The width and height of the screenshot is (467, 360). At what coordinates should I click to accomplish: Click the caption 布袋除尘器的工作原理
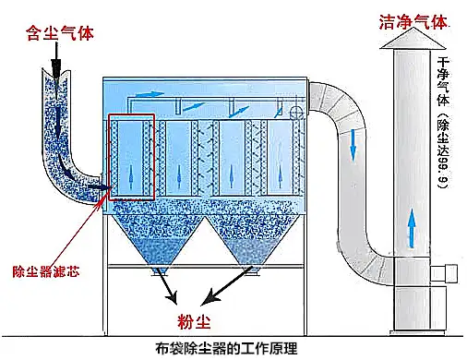click(x=233, y=349)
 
